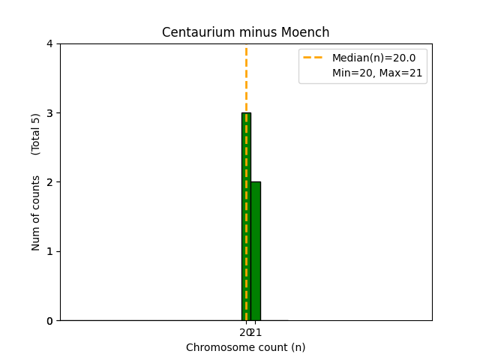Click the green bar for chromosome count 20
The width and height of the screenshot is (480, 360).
[x=246, y=217]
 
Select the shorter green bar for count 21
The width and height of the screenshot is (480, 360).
[x=256, y=251]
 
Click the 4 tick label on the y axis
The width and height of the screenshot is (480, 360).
[x=49, y=43]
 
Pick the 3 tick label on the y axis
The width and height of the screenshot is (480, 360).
[x=49, y=113]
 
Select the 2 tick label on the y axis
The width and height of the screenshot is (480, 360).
[x=49, y=182]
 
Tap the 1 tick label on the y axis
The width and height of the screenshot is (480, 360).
[x=49, y=251]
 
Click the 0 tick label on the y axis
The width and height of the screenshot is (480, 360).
[x=49, y=320]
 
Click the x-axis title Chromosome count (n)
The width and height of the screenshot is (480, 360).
[x=246, y=347]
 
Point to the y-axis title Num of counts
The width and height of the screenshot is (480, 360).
[x=36, y=213]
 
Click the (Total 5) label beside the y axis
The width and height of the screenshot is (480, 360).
[x=36, y=134]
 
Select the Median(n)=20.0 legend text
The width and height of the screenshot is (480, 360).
[x=373, y=58]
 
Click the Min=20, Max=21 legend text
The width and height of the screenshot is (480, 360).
[x=377, y=73]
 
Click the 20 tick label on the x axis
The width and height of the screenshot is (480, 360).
[x=244, y=332]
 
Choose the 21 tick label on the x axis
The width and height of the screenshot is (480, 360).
[x=256, y=332]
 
